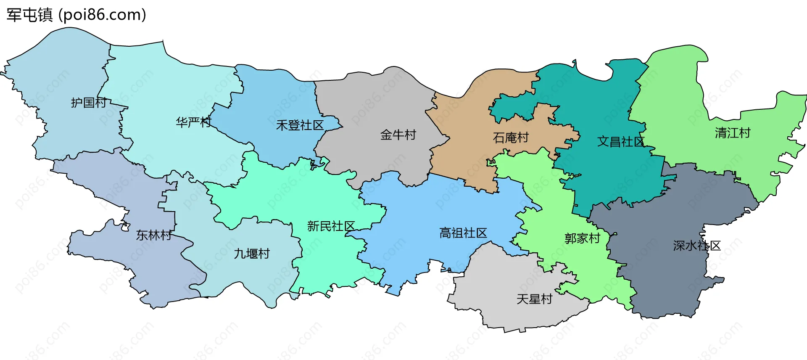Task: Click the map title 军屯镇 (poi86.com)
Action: [76, 15]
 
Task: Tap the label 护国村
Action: [89, 103]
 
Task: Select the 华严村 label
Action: [193, 122]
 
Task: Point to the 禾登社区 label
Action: [300, 125]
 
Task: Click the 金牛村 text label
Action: [398, 135]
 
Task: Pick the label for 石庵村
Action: [511, 138]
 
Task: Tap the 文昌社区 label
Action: [621, 142]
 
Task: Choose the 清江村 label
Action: [733, 133]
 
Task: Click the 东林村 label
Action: [154, 236]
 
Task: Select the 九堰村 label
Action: [252, 254]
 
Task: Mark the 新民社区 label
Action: [331, 226]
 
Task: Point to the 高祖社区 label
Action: [463, 233]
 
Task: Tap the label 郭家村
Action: [582, 238]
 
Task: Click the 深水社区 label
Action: [697, 246]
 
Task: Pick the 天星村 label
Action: [534, 299]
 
